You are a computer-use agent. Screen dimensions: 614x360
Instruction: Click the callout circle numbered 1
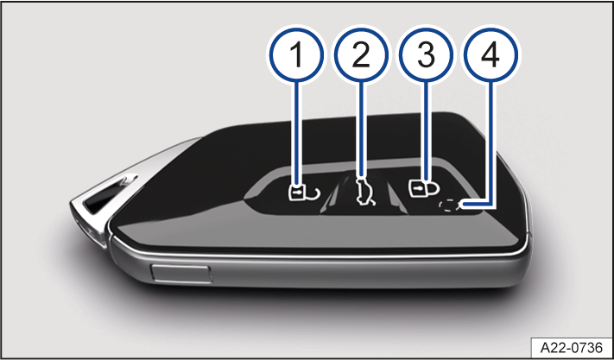[x=296, y=54]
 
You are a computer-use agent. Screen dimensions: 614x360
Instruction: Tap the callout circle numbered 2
[x=361, y=54]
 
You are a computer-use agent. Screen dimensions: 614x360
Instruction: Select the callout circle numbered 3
[x=426, y=54]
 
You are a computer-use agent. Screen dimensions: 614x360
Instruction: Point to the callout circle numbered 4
[x=491, y=54]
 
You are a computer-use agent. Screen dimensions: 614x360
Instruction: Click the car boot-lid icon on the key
[x=365, y=191]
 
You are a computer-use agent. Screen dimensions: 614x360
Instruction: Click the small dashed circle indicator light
[x=447, y=205]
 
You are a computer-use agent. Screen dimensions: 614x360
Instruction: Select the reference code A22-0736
[x=572, y=347]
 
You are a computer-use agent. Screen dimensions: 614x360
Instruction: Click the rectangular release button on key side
[x=181, y=273]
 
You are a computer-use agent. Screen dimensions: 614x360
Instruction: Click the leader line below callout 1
[x=297, y=134]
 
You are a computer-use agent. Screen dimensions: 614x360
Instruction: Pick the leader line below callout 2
[x=362, y=129]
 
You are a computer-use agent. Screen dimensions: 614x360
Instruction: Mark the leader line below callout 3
[x=426, y=130]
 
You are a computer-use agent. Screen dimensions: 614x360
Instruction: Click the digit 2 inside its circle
[x=361, y=54]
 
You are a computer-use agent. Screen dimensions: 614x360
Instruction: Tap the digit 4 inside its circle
[x=491, y=54]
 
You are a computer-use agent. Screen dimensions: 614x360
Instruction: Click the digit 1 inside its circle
[x=296, y=54]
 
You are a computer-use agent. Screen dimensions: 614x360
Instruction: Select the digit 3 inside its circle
[x=426, y=54]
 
